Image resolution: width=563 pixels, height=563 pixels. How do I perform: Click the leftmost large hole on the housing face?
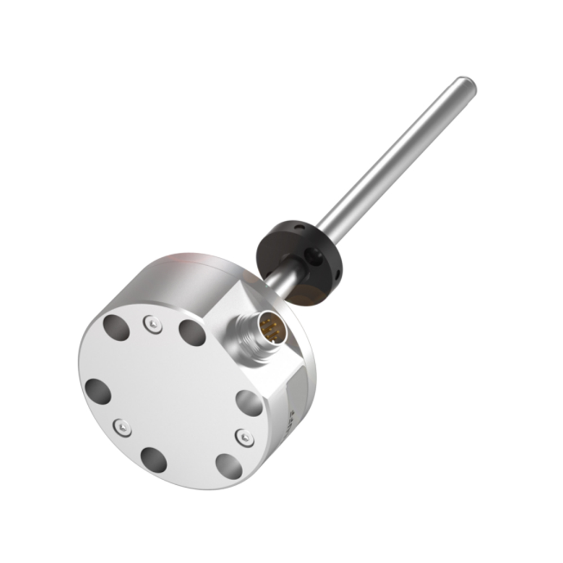[x=98, y=391]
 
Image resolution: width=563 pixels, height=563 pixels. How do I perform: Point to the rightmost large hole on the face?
[x=249, y=403]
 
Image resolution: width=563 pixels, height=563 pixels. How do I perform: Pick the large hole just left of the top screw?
[x=116, y=328]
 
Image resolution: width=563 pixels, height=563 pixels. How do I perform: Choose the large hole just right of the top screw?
[x=193, y=333]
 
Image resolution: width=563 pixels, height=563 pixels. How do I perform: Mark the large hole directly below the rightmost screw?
[x=229, y=466]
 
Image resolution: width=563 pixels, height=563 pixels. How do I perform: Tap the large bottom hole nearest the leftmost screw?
[x=154, y=460]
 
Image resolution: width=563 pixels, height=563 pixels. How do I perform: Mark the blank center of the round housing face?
[x=169, y=394]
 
